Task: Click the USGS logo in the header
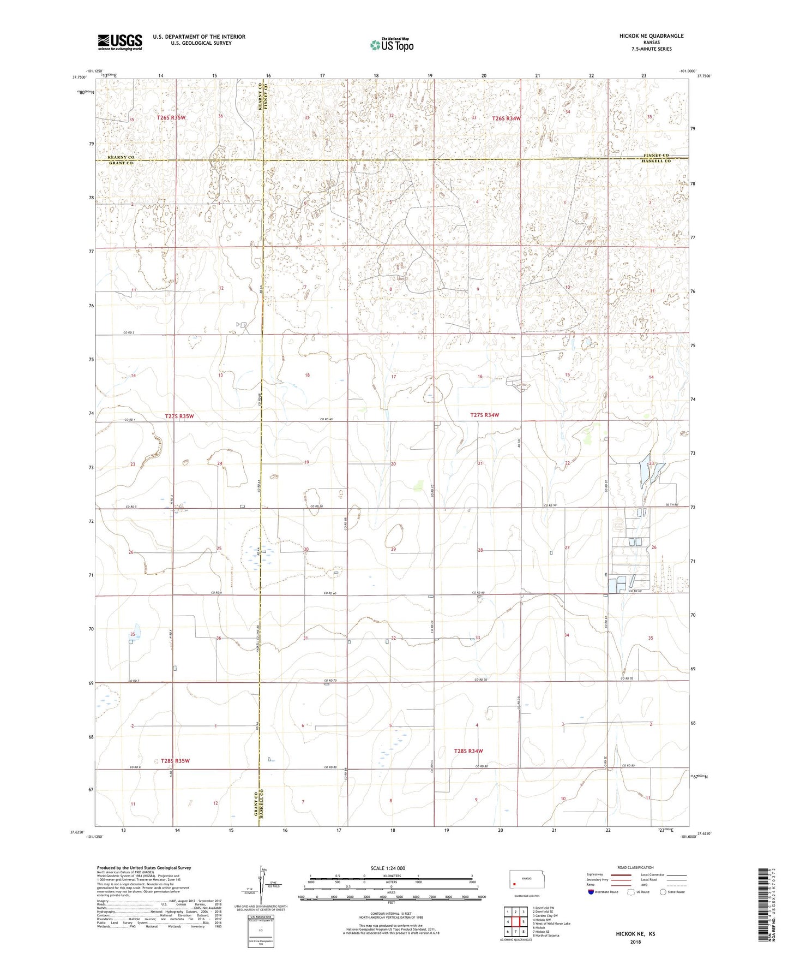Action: point(120,41)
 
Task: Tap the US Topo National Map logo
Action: point(392,45)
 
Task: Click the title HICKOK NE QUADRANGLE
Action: point(651,36)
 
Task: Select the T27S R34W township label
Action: point(484,415)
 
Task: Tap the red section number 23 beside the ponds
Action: point(651,463)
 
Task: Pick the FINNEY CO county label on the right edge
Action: point(657,156)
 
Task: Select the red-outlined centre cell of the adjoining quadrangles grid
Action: point(515,921)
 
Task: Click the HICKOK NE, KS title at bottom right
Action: point(635,933)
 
